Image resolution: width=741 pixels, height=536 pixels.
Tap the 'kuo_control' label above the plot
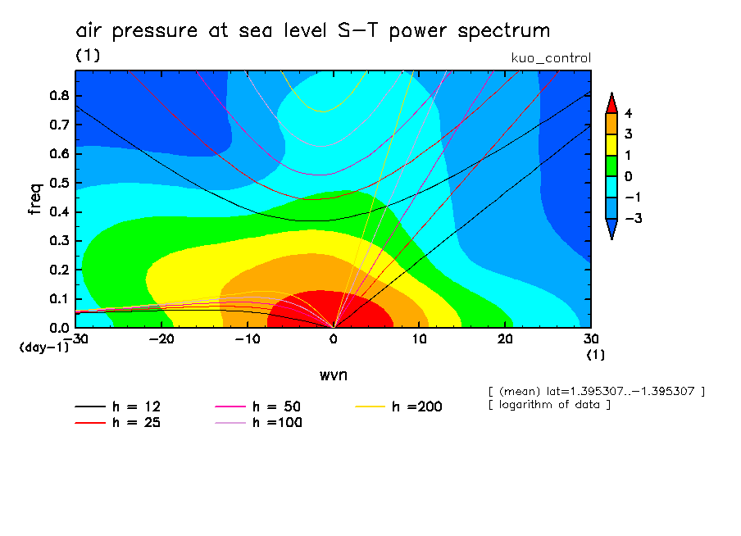pos(550,58)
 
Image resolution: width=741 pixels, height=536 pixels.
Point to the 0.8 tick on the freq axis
pos(60,95)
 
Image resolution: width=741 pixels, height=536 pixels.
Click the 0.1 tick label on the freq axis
pos(60,299)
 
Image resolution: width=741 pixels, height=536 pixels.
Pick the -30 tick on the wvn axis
pos(75,338)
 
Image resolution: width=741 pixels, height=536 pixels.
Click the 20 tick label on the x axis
pos(505,338)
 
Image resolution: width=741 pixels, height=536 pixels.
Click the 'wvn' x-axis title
pos(333,375)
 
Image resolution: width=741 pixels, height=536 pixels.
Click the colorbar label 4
pos(627,112)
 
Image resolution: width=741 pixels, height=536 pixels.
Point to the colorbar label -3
pos(629,219)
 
